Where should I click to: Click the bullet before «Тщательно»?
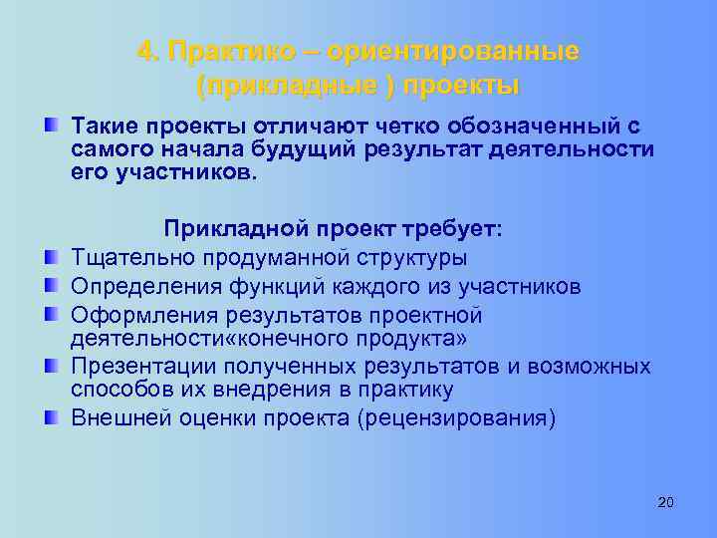click(50, 258)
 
